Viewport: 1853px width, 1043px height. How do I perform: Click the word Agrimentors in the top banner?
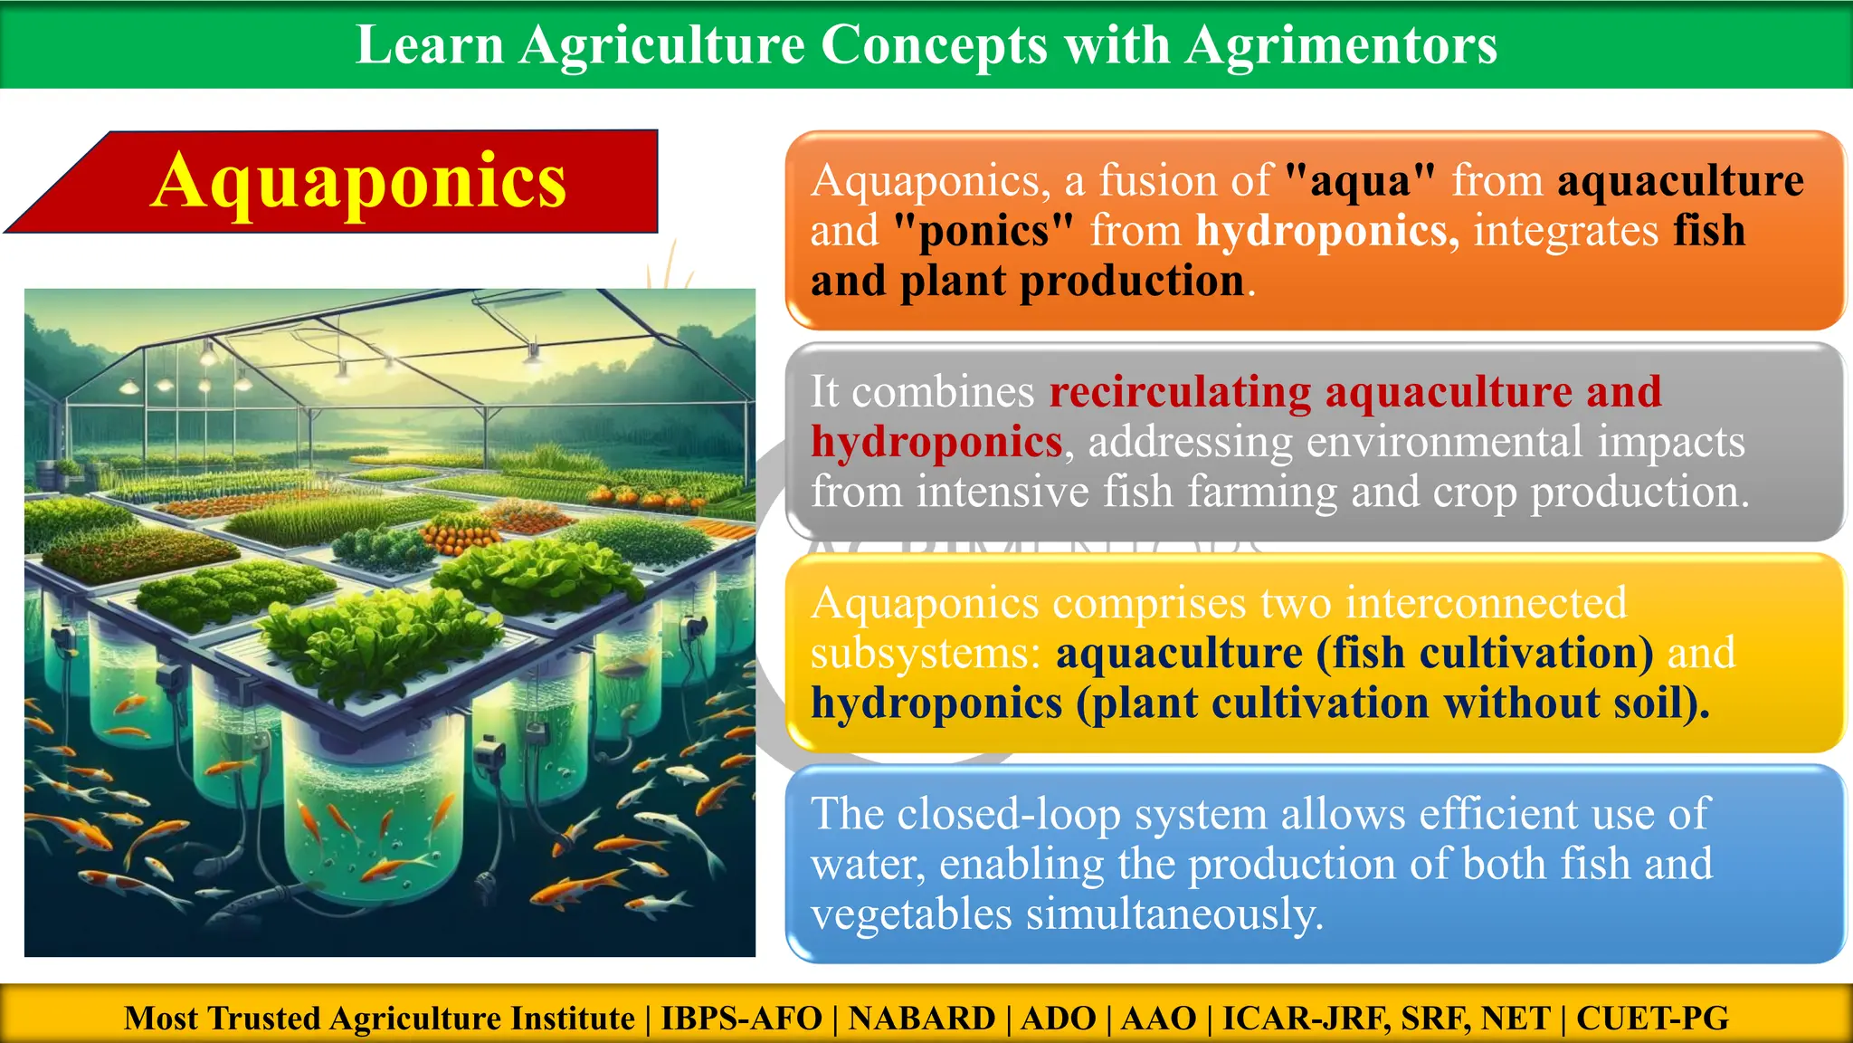tap(1341, 44)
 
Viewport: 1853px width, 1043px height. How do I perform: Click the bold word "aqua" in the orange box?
tap(1360, 180)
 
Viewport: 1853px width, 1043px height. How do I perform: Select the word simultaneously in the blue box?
tap(1174, 914)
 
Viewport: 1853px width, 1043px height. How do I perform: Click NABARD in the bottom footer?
tap(921, 1018)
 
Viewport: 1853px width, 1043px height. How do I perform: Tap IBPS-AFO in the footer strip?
tap(741, 1018)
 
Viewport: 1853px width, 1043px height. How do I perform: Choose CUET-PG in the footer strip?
tap(1652, 1018)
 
